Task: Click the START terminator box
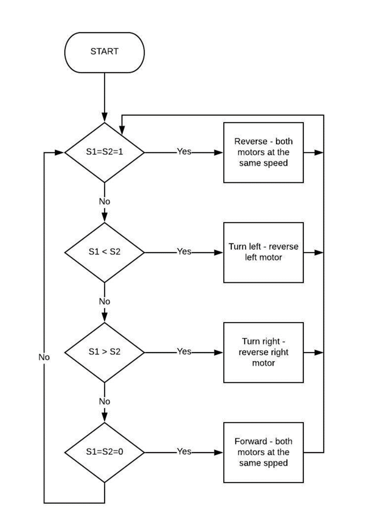104,51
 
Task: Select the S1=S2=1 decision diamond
104,153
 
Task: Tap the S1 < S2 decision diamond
104,252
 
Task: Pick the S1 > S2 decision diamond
104,352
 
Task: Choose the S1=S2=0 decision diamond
104,452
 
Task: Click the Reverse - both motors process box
263,153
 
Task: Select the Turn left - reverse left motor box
263,252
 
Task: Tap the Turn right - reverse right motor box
263,352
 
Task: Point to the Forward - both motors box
263,452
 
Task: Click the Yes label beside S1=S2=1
184,152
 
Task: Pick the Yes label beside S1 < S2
184,252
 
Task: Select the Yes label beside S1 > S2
184,352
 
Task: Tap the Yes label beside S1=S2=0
184,452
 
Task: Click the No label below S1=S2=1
104,201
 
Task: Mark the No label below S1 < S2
104,301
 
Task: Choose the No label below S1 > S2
104,401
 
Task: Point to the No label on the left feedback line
44,357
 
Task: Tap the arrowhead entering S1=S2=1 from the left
59,153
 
